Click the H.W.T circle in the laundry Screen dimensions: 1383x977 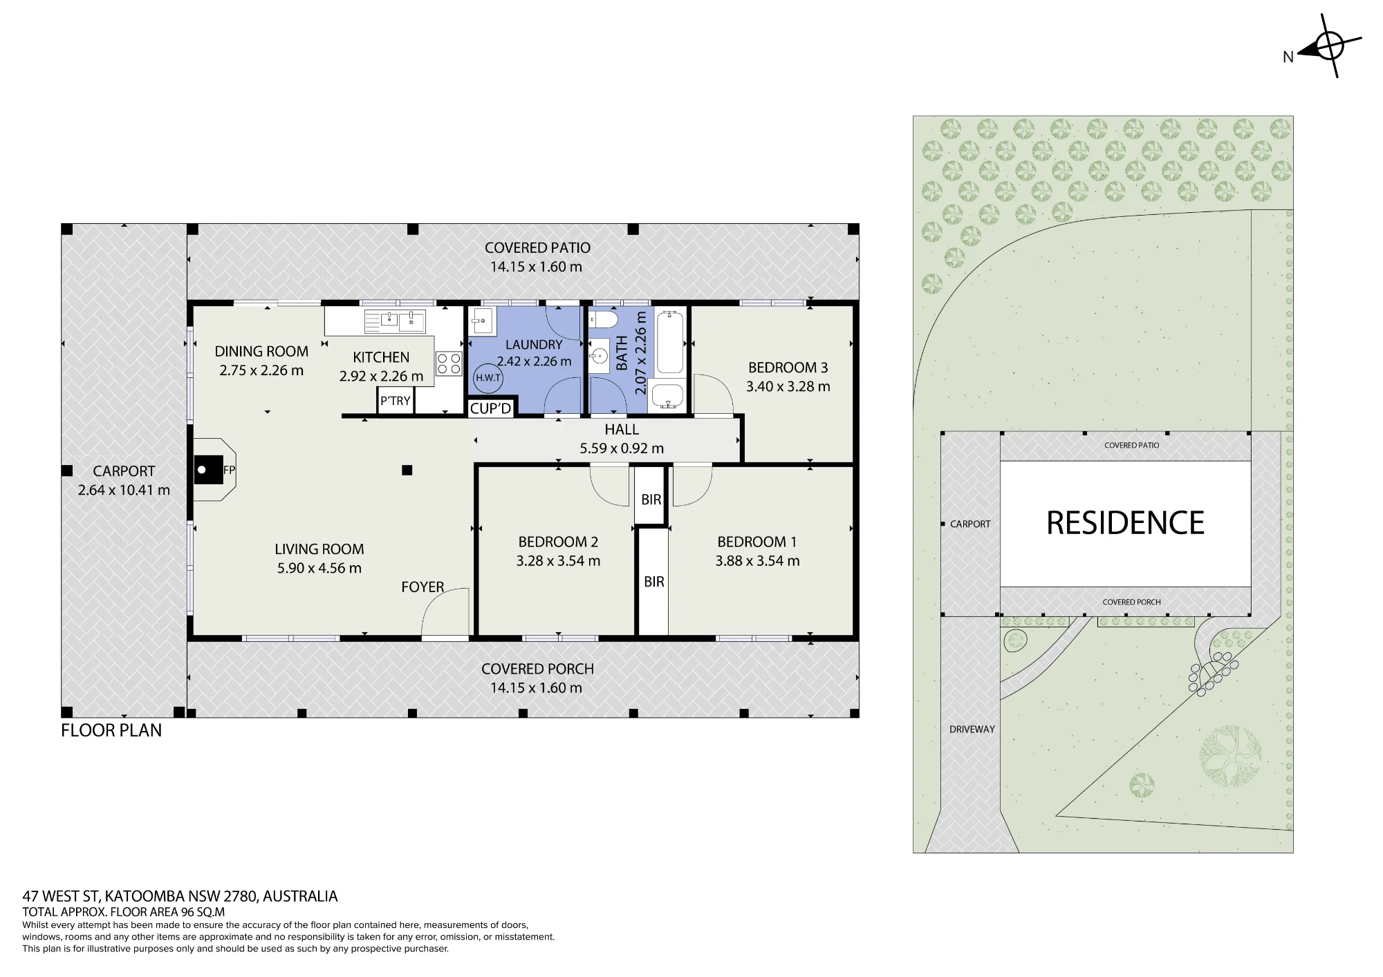[488, 378]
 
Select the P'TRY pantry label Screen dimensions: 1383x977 [396, 401]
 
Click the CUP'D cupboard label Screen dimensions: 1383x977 [490, 408]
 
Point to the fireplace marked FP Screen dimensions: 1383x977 [215, 470]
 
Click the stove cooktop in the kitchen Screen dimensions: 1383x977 [448, 364]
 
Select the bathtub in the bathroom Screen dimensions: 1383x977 [669, 343]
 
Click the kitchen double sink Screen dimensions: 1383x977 [395, 321]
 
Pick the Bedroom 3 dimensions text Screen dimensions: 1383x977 [788, 387]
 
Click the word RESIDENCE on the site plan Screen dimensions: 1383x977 [1125, 523]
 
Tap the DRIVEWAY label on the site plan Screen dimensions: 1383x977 [972, 729]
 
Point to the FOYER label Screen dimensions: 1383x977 [423, 587]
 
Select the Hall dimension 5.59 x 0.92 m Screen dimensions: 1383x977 [622, 448]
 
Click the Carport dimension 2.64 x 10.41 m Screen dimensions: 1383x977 [124, 491]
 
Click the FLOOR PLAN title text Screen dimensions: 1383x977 [111, 730]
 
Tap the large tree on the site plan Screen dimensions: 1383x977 [1230, 756]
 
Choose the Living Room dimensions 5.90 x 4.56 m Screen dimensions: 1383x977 [319, 569]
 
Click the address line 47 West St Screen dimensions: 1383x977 [180, 896]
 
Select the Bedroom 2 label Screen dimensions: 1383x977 [558, 542]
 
